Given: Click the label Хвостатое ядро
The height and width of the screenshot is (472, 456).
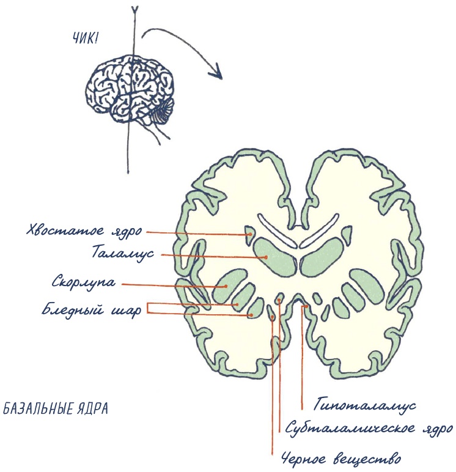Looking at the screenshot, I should (x=84, y=231).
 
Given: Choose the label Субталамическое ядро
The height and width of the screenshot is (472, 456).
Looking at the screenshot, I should (x=368, y=428).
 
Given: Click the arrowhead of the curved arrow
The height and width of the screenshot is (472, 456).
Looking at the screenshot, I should (x=215, y=72).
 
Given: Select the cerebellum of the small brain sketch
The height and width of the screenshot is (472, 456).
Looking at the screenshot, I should (x=163, y=110).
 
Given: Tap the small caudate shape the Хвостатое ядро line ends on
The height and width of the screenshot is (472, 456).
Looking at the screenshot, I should (x=249, y=233).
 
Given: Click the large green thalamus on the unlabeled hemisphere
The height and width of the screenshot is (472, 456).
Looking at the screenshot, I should (x=324, y=257).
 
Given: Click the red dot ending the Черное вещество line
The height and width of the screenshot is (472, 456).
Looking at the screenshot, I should (x=272, y=317).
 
